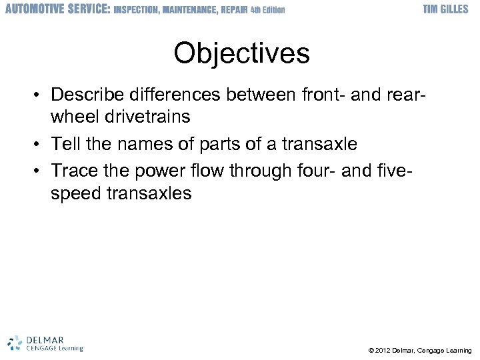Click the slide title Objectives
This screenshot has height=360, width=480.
tap(241, 53)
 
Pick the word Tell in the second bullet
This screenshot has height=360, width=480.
tap(64, 144)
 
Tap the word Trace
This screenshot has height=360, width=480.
tap(74, 171)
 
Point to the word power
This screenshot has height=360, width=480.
tap(159, 171)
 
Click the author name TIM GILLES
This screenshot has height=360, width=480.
tap(447, 9)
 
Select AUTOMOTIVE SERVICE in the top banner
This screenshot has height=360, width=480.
tap(57, 9)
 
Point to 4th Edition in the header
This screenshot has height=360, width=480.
tap(267, 9)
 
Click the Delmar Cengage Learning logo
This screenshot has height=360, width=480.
tap(45, 343)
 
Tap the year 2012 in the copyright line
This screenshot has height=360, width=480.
tap(384, 351)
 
